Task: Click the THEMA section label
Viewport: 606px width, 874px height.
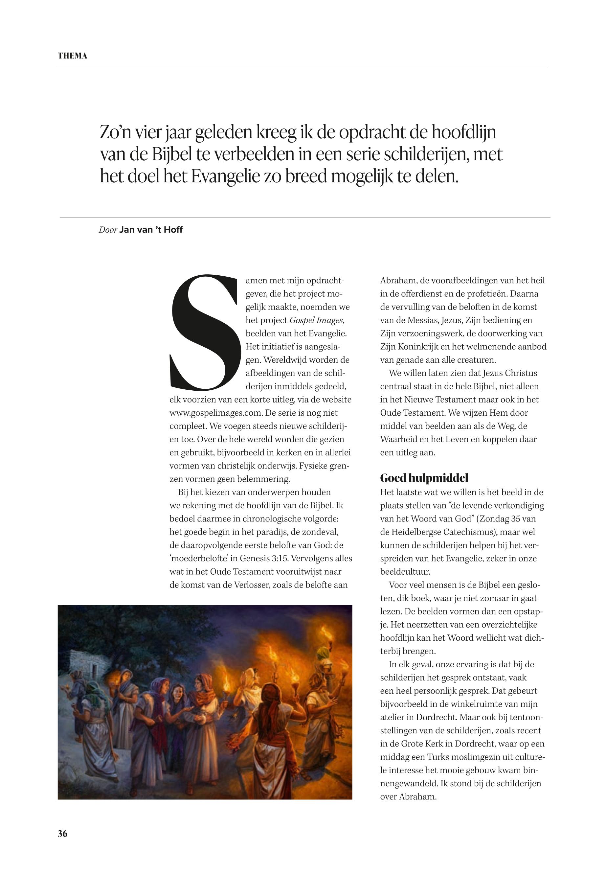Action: (x=72, y=56)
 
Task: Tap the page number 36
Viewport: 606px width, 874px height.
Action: (x=63, y=834)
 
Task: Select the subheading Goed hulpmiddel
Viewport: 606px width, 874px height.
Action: (x=424, y=478)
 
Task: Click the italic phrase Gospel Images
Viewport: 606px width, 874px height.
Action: (x=316, y=320)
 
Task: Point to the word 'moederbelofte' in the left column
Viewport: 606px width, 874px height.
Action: (x=200, y=558)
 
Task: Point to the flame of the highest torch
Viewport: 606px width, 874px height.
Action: (x=326, y=632)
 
